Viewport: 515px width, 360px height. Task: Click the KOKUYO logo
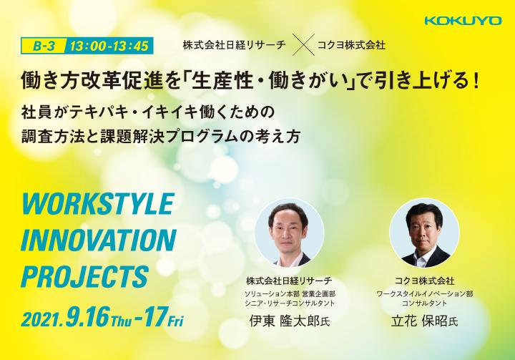point(463,20)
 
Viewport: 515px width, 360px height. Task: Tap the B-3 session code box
point(44,46)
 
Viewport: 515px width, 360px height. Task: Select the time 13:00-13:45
point(109,46)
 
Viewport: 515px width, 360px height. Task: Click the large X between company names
point(303,44)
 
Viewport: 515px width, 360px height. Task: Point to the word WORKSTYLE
point(97,204)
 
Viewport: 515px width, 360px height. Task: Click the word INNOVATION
point(99,240)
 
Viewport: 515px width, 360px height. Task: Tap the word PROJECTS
point(84,276)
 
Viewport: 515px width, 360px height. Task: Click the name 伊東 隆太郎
point(285,321)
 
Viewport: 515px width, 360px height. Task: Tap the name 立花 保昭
point(419,321)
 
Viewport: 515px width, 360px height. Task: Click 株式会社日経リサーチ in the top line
point(234,44)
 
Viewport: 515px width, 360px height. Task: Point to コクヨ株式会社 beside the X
point(351,44)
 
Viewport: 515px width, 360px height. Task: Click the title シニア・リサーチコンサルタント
point(290,303)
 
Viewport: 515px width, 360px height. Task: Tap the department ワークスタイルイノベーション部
point(425,293)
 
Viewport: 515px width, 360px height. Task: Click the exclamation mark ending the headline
point(476,82)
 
